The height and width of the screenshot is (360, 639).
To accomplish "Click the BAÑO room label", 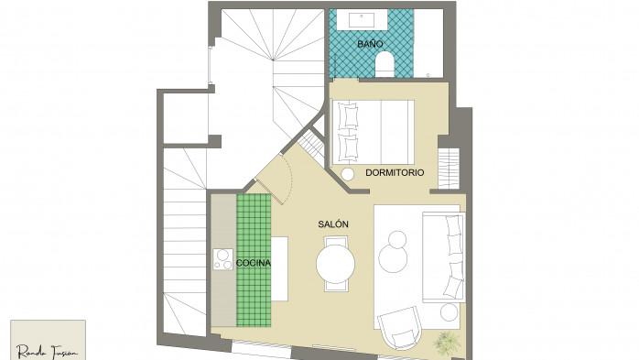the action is coord(370,44).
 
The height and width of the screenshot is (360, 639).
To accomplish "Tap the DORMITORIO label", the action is coord(395,172).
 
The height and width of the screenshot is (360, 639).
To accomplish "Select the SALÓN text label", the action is coord(333,224).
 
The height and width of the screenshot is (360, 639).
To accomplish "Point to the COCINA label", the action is coord(253,263).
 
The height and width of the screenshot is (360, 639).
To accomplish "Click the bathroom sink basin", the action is coord(362,20).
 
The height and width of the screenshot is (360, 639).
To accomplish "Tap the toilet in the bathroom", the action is coord(384,64).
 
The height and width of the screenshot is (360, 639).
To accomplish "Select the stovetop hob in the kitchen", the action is coord(222,259).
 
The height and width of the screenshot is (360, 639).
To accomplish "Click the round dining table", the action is coord(335,264).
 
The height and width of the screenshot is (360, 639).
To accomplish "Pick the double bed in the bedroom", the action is coord(373,132).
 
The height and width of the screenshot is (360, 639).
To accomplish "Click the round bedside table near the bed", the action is coord(348,174).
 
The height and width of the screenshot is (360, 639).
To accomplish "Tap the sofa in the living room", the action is coord(443,256).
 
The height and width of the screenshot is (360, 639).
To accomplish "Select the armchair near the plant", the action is coord(399,328).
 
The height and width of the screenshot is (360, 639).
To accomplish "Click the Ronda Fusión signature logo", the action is coord(48,351).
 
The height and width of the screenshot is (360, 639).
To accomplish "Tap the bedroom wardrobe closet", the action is coord(449,169).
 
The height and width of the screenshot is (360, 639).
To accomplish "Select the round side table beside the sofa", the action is coord(449,312).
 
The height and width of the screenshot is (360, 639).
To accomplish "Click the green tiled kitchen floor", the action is coord(254,260).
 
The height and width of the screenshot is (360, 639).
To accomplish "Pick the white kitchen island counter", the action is coord(279,268).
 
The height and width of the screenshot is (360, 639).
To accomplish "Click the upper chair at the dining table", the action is coord(336,241).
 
